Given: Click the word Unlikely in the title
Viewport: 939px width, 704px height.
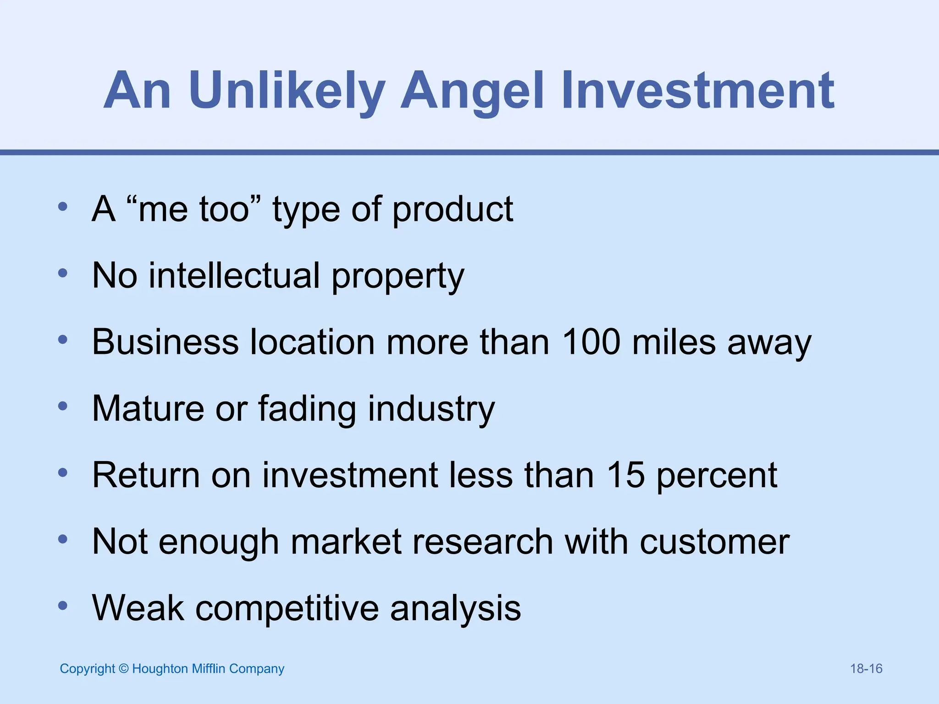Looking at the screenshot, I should click(287, 91).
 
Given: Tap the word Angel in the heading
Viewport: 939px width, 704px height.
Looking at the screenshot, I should click(472, 91).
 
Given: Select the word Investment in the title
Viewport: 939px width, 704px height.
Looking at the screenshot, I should click(697, 91).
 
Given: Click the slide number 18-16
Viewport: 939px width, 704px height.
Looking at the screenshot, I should click(866, 669).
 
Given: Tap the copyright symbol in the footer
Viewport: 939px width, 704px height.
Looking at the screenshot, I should click(123, 669).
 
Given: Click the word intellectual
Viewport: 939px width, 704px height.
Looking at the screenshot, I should click(234, 275).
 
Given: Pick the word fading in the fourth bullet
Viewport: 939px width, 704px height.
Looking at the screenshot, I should click(307, 408).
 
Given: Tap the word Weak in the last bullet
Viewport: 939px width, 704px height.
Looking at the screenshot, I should click(138, 608).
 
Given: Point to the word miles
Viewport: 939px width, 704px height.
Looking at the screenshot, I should click(674, 342).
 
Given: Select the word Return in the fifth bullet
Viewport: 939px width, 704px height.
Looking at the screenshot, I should click(146, 475).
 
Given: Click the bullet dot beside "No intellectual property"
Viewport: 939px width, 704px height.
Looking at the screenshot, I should click(63, 274).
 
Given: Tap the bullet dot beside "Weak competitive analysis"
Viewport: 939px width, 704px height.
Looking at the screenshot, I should click(63, 606).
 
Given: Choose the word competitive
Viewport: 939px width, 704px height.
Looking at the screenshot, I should click(287, 608).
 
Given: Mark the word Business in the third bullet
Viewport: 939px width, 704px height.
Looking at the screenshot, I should click(166, 342).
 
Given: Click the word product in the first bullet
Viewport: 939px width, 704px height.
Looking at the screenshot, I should click(453, 210).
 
